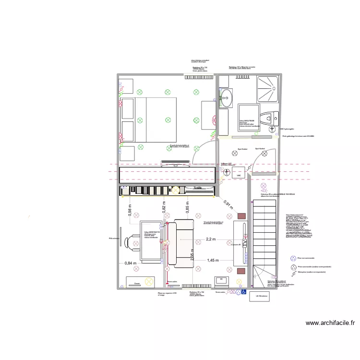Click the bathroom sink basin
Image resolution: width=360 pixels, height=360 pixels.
coord(225,100)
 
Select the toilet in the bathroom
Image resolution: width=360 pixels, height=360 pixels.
coord(268,117)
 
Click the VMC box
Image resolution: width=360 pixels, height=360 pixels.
coord(238,176)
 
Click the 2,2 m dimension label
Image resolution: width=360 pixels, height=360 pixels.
coord(210,239)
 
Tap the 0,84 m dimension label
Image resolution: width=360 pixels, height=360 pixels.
coord(130,263)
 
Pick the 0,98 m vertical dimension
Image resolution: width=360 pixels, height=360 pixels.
coord(129,210)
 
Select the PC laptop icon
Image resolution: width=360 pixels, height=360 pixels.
coord(222,279)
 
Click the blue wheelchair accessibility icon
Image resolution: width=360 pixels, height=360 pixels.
coord(243,291)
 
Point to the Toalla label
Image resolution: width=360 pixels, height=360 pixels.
coord(197,188)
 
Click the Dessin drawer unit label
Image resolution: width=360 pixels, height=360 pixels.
coord(137,283)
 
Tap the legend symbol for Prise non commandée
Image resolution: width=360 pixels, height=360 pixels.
coord(292,258)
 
